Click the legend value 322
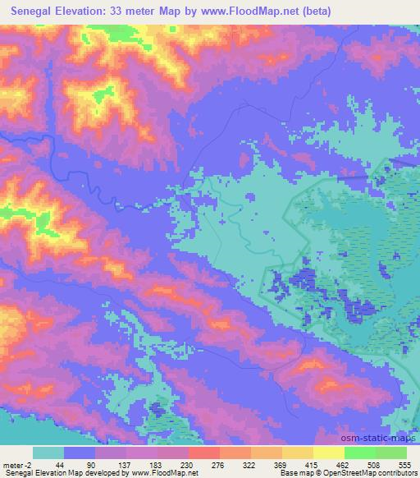tap(252, 465)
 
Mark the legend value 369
tap(283, 465)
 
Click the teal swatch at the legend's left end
tap(48, 453)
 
